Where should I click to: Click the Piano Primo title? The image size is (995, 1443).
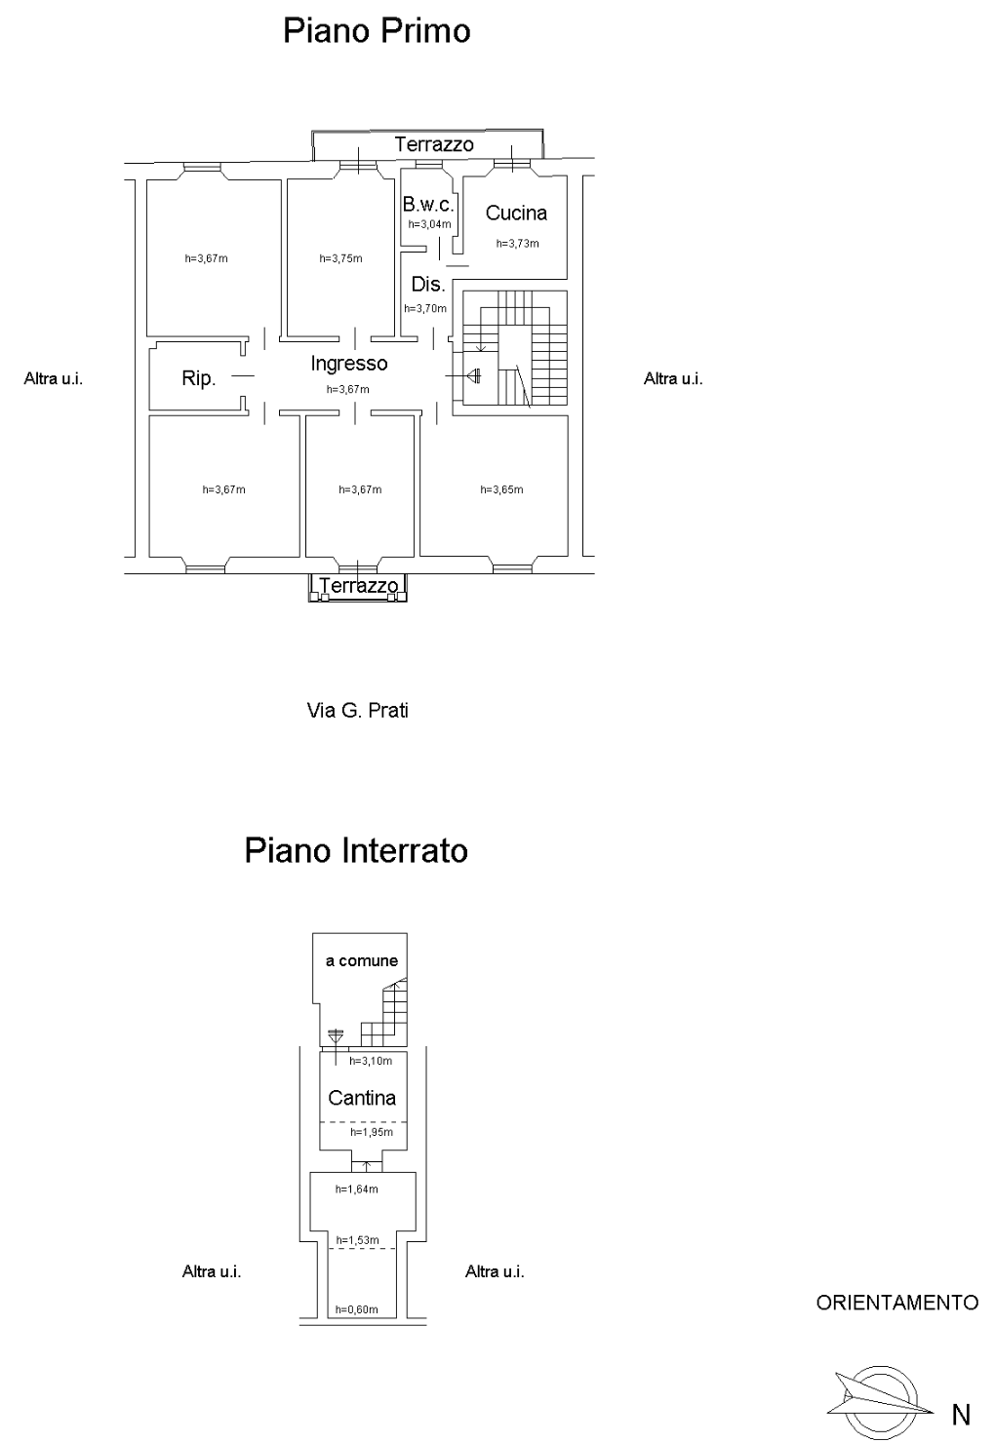[x=377, y=32]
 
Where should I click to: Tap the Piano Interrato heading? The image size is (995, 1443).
[x=356, y=850]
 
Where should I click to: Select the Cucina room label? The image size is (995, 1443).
[x=516, y=213]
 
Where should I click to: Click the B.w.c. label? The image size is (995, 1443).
[x=428, y=204]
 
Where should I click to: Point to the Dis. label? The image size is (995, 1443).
[x=428, y=284]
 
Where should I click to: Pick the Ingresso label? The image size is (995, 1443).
[x=348, y=364]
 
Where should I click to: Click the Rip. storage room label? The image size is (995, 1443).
[x=198, y=378]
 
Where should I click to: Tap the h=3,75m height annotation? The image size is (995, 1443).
[x=340, y=258]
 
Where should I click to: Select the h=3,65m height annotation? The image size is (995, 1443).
[x=501, y=489]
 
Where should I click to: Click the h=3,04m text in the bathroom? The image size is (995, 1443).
[x=429, y=224]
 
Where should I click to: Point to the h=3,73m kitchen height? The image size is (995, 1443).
[x=517, y=243]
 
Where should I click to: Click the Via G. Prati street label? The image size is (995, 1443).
[x=358, y=711]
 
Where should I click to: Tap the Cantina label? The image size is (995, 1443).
[x=362, y=1098]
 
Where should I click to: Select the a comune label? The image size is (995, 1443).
[x=362, y=960]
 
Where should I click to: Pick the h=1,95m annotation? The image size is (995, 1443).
[x=372, y=1132]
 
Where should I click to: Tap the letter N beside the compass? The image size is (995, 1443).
[x=961, y=1415]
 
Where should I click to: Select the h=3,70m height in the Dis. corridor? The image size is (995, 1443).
[x=425, y=308]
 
